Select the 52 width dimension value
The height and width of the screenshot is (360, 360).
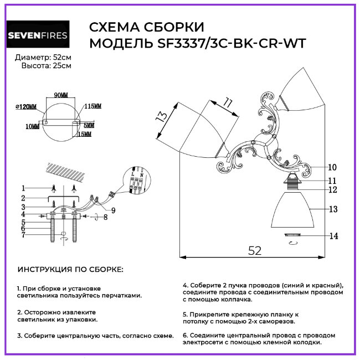pos(255,250)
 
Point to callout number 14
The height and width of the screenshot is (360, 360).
pos(333,236)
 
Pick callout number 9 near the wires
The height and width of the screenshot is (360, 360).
pos(113,210)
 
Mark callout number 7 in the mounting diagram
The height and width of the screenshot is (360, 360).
pos(23,235)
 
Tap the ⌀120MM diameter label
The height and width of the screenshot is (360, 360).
pos(26,107)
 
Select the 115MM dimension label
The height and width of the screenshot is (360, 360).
pos(93,106)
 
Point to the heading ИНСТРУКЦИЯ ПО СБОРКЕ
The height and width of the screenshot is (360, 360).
pos(71,270)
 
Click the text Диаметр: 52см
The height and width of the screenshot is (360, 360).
pos(43,58)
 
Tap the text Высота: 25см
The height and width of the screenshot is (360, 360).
pos(47,66)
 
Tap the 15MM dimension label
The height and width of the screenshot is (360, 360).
pos(85,135)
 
